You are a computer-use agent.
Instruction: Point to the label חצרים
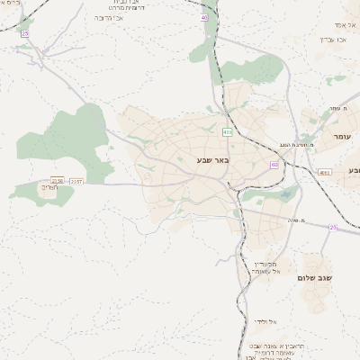pos(49,187)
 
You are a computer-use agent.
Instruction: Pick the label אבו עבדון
pos(346,40)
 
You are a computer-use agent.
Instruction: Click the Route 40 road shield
pos(204,17)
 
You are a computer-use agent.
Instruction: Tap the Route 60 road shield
pos(274,165)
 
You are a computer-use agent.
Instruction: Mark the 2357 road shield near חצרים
pos(77,182)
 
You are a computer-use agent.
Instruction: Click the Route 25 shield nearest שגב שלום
pos(333,228)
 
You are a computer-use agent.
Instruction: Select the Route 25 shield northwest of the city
pos(25,33)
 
